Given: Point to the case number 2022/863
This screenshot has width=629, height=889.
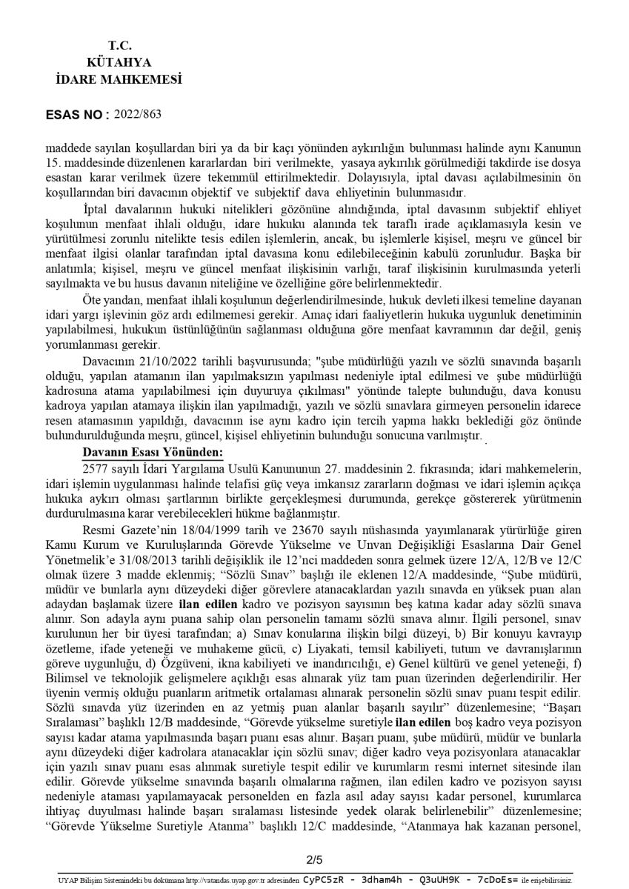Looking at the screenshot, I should click(138, 114).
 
